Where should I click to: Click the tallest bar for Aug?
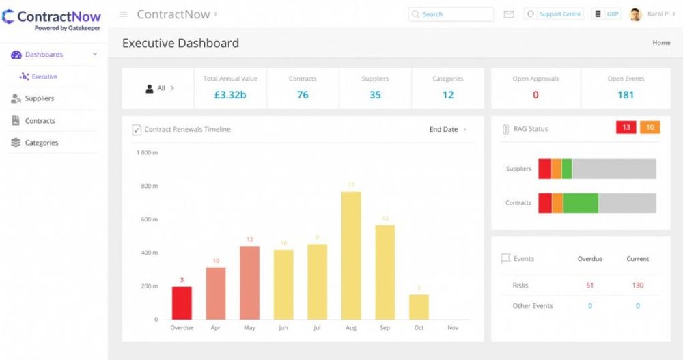(351, 255)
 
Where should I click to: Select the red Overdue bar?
(182, 303)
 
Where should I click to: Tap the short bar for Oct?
(419, 307)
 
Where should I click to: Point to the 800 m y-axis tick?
(150, 186)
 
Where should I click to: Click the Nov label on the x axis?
(453, 328)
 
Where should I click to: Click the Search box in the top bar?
(451, 14)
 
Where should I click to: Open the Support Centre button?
(554, 14)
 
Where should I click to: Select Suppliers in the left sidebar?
(40, 98)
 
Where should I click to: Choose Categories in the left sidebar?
(42, 143)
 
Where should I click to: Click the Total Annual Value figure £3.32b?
(230, 95)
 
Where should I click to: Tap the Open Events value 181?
(626, 95)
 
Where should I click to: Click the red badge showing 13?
(626, 128)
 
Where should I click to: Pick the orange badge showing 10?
(650, 128)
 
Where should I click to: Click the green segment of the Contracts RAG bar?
(581, 203)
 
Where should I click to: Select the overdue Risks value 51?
(590, 286)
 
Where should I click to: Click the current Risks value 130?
(637, 286)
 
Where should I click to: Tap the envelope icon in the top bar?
(509, 14)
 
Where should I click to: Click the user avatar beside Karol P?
(635, 14)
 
